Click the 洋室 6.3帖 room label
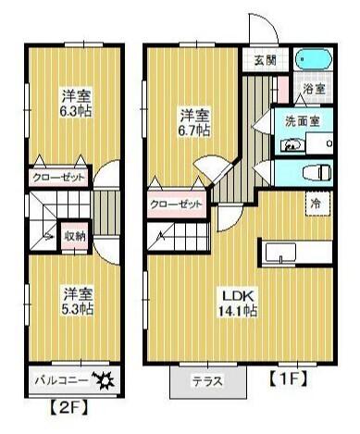tap(77, 104)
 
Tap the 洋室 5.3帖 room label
tap(77, 301)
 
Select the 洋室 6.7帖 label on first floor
tap(194, 122)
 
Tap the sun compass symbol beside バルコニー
tap(103, 379)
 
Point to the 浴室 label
tap(314, 90)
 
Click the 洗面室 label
tap(302, 120)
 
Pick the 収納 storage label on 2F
tap(75, 236)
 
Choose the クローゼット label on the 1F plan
tap(175, 206)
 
